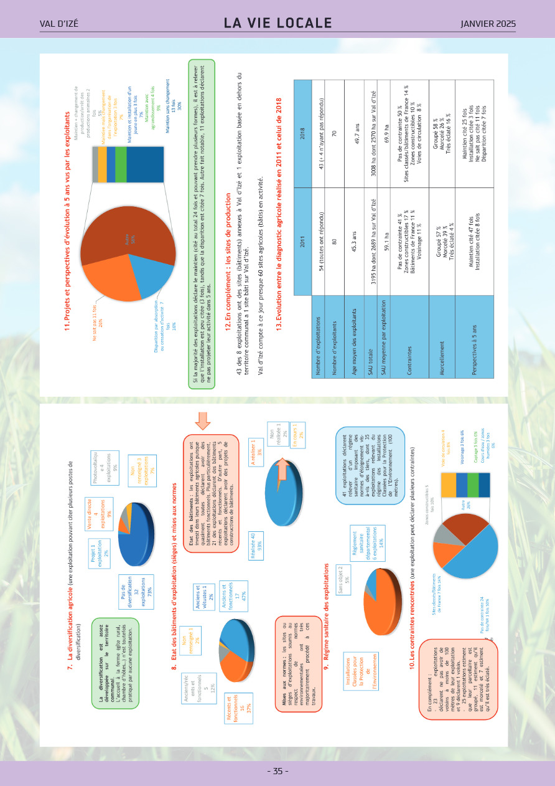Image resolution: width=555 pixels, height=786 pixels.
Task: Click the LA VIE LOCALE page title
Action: click(277, 24)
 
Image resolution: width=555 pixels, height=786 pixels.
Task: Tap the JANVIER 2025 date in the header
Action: click(488, 24)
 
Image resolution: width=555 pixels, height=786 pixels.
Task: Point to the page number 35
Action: click(277, 771)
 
